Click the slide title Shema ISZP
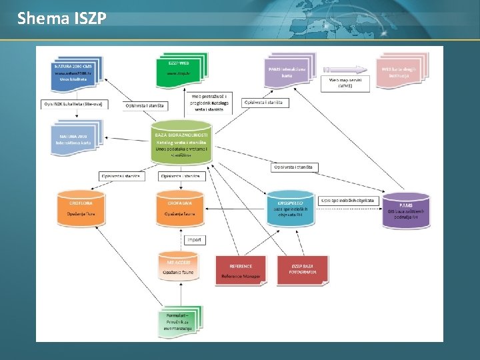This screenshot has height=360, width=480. (61, 18)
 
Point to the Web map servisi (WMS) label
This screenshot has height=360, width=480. (345, 83)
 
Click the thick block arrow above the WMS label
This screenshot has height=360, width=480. (345, 69)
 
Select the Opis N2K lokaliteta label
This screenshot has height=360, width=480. (69, 104)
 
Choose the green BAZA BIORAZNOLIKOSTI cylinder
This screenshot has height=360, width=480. (181, 142)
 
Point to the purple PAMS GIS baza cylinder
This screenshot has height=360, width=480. (405, 209)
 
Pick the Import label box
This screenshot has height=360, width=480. (194, 239)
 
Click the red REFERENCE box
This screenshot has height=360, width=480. (241, 270)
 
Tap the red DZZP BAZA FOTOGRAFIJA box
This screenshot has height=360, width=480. (303, 270)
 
